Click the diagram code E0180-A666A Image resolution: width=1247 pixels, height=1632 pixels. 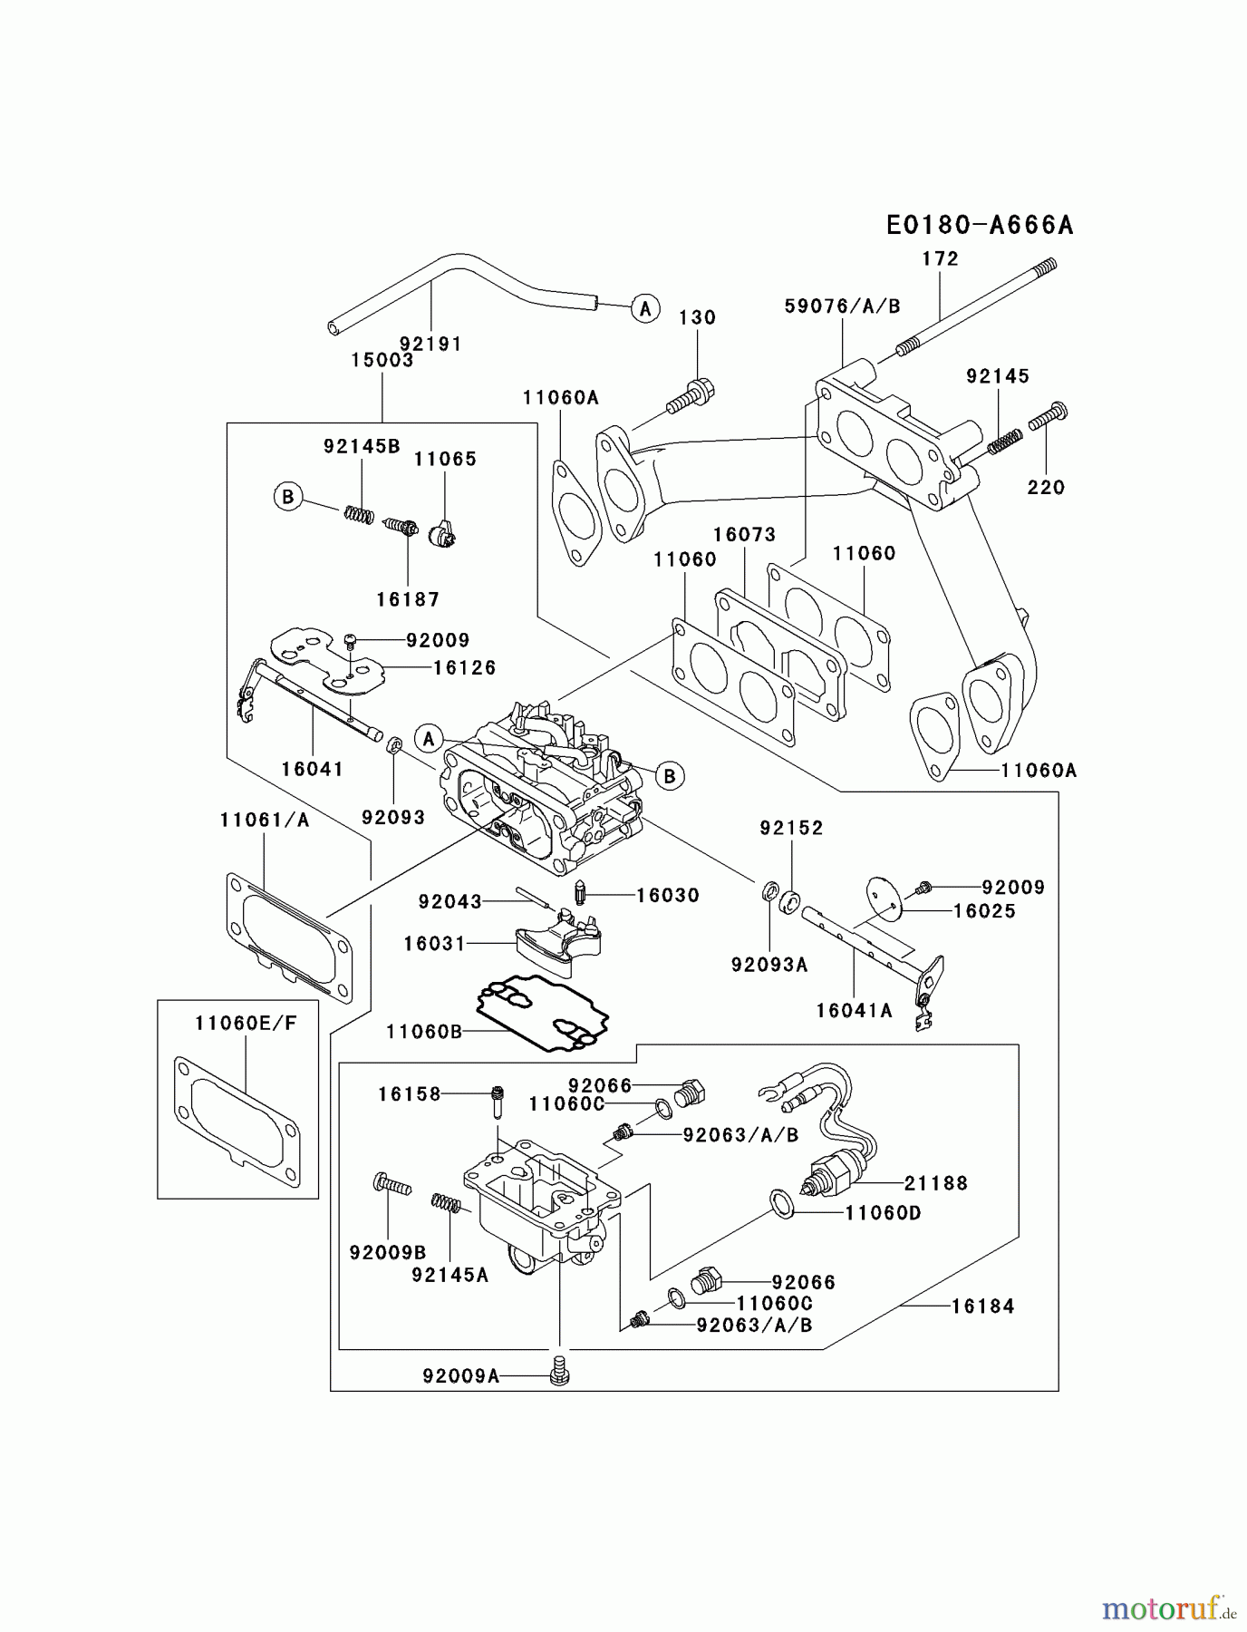click(x=979, y=225)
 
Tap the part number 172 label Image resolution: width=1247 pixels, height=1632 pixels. click(x=940, y=258)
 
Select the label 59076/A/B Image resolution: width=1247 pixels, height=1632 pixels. click(x=842, y=306)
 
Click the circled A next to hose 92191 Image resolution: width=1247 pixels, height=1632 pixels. click(x=644, y=308)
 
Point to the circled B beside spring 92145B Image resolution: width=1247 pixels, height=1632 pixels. click(x=288, y=497)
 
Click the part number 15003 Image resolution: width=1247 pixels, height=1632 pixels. click(x=382, y=360)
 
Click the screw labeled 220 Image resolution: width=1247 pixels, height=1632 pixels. click(x=1049, y=418)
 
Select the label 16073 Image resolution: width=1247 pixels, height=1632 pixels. click(x=744, y=535)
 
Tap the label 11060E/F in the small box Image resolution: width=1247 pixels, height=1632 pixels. click(x=245, y=1024)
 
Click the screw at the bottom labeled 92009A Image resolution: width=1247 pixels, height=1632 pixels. click(x=560, y=1375)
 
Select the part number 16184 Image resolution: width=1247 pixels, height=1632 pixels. click(x=982, y=1307)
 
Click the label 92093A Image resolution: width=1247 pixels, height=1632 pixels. click(x=768, y=965)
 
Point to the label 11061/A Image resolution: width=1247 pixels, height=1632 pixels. click(x=264, y=820)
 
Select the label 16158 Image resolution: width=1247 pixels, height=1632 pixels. click(x=409, y=1094)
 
